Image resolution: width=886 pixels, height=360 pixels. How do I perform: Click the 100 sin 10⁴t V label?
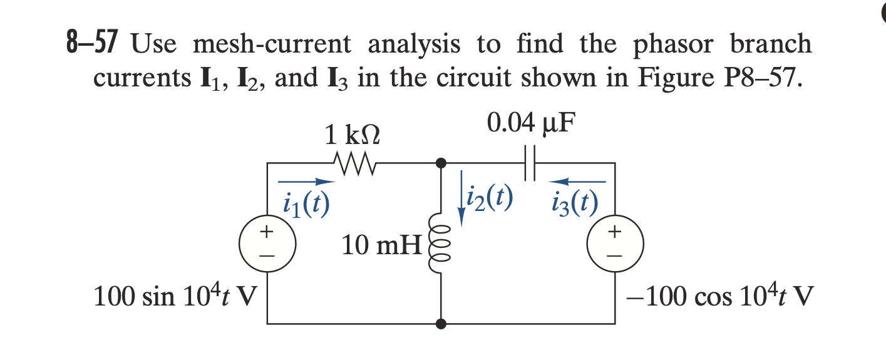pos(177,296)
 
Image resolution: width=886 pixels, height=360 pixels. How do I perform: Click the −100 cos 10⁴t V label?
pos(719,296)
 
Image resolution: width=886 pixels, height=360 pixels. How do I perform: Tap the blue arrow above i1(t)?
pos(307,182)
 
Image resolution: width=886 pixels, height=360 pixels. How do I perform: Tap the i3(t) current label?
pos(575,203)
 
